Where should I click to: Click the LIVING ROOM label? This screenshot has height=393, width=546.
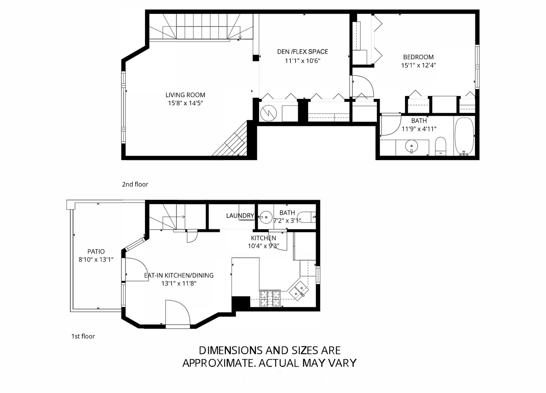click(x=185, y=95)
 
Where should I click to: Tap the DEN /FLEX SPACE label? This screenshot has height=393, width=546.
click(x=303, y=52)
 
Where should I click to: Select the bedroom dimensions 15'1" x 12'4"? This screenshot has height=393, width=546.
click(x=418, y=65)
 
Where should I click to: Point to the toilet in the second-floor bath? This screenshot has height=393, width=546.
click(x=440, y=146)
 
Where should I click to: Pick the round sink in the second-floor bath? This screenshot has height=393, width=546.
click(x=412, y=146)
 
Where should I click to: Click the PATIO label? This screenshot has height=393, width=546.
click(x=96, y=251)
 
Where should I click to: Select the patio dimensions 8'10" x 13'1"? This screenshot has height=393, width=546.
click(x=96, y=260)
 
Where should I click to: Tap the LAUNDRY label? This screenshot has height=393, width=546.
click(x=240, y=215)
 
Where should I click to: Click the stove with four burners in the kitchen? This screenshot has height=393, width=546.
click(x=270, y=298)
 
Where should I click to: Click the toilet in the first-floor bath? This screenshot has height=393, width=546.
click(x=307, y=217)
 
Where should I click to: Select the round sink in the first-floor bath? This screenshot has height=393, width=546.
click(x=266, y=217)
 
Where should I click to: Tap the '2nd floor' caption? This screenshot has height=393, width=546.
click(x=135, y=184)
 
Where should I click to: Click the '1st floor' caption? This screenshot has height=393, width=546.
click(x=83, y=336)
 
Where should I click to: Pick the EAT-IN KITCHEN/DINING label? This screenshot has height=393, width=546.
click(x=179, y=275)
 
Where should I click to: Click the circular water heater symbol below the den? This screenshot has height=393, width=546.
click(x=269, y=113)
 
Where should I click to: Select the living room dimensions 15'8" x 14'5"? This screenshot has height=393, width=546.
click(x=186, y=103)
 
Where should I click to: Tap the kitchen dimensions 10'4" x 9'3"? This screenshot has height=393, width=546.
click(x=264, y=246)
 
